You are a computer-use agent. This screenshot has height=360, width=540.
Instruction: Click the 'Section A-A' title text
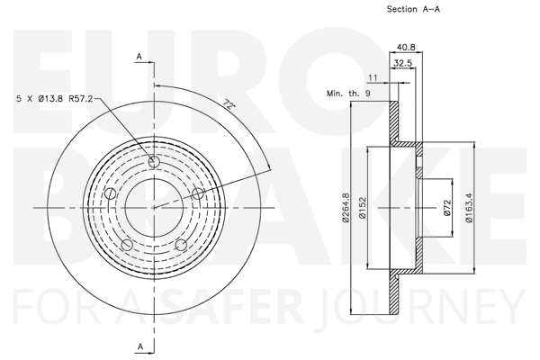413,9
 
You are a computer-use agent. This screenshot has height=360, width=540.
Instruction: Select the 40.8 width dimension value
406,47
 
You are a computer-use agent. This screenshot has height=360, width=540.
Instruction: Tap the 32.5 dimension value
403,63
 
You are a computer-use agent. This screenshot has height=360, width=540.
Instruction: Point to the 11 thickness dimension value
373,78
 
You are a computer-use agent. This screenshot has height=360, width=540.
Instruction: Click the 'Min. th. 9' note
348,94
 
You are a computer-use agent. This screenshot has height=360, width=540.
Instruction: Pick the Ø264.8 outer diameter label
346,207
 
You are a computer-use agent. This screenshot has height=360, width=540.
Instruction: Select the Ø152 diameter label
363,207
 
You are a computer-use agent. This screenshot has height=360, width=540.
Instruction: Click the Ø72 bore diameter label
447,208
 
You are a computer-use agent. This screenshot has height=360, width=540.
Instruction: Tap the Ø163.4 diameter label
469,208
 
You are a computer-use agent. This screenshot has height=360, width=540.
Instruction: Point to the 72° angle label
229,103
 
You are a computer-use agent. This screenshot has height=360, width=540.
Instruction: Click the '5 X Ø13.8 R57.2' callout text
55,99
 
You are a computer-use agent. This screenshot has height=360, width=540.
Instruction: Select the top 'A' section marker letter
139,56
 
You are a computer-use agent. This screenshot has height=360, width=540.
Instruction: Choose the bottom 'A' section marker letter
140,346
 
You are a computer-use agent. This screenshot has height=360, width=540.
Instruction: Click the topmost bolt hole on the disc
154,162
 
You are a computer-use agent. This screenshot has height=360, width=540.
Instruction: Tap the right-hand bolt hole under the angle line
198,193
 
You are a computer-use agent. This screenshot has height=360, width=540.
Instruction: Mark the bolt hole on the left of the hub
110,193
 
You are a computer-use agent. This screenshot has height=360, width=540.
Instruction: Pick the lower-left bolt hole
127,245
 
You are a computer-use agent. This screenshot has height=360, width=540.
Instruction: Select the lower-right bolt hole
181,245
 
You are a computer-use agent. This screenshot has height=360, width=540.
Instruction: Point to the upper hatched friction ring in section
393,121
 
